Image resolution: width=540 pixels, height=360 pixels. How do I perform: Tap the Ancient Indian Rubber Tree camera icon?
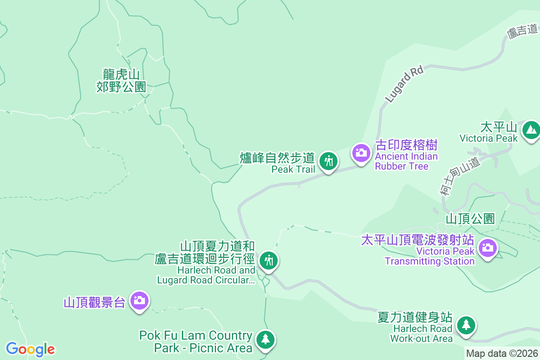pos(360,153)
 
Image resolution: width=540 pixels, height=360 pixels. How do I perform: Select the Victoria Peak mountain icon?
pos(531,130)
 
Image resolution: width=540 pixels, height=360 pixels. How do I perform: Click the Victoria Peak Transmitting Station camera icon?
pos(487,247)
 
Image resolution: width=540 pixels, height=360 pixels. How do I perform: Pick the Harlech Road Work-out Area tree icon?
pos(466,324)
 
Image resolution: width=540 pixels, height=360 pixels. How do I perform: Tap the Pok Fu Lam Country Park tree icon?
pos(266,339)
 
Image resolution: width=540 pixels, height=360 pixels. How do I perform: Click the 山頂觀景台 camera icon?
pos(139,300)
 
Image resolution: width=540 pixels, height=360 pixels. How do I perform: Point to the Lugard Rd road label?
pos(404,84)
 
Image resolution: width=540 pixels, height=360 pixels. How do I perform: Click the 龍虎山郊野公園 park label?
pos(121,81)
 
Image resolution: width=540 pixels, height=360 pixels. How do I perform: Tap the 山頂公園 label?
pos(470,219)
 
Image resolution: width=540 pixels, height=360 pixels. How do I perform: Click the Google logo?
pos(30,349)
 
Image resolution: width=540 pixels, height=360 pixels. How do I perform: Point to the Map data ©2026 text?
pos(502,354)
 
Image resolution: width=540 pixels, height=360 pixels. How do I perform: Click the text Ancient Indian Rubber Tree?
pos(406,161)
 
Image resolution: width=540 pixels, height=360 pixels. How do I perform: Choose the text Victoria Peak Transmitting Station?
pos(430,256)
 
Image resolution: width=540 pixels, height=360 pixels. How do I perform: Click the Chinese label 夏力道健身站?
pos(415,317)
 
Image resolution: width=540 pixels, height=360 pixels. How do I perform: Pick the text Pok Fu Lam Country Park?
pos(196,342)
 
